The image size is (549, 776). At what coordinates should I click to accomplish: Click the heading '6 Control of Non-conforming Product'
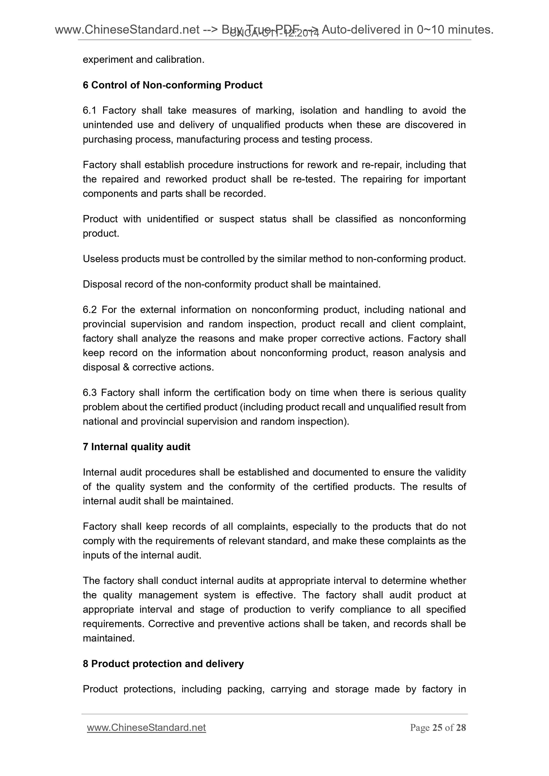click(172, 85)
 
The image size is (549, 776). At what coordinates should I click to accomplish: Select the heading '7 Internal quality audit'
click(136, 447)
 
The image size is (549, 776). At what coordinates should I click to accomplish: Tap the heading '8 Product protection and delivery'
click(163, 664)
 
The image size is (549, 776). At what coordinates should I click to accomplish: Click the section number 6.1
click(90, 110)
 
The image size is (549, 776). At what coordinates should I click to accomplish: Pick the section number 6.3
click(90, 392)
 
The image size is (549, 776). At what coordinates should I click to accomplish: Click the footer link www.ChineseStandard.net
click(146, 727)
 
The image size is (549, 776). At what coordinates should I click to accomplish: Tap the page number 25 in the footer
click(437, 727)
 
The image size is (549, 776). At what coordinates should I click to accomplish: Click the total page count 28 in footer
click(461, 727)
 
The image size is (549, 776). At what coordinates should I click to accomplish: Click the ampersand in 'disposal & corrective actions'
click(126, 367)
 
